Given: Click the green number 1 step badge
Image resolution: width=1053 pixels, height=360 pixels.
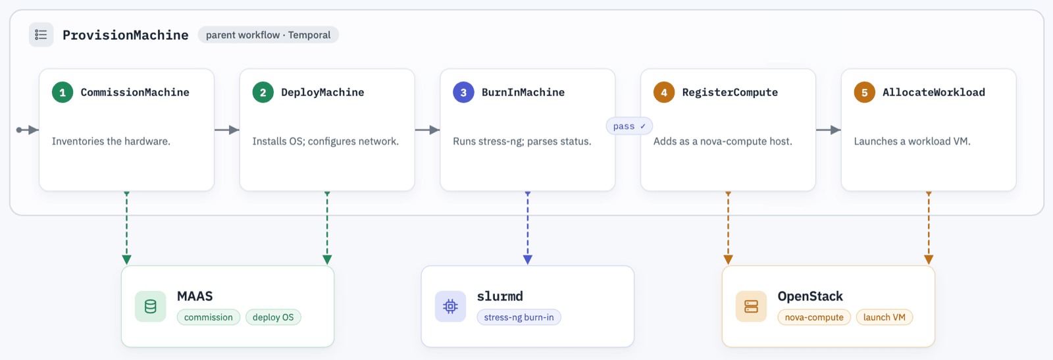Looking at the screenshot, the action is pyautogui.click(x=63, y=92).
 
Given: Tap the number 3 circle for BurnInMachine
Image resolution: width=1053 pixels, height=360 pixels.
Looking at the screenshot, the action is pyautogui.click(x=463, y=92).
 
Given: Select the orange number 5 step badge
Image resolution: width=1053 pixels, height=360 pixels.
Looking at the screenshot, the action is pyautogui.click(x=865, y=92).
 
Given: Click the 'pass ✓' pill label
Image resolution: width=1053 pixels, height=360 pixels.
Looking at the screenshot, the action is pyautogui.click(x=629, y=126).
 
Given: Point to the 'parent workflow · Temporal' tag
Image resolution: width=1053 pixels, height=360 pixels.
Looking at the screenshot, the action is pyautogui.click(x=268, y=35).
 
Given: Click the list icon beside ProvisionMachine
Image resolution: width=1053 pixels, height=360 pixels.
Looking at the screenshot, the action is pyautogui.click(x=41, y=35).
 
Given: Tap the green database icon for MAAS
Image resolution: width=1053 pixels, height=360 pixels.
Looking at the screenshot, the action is pyautogui.click(x=151, y=307).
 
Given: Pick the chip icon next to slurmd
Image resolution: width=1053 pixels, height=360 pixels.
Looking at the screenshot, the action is pyautogui.click(x=450, y=307).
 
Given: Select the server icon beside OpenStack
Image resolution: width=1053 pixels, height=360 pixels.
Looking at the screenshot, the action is pyautogui.click(x=751, y=307).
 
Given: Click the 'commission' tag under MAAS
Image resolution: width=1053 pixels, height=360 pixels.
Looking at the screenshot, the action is pyautogui.click(x=208, y=317).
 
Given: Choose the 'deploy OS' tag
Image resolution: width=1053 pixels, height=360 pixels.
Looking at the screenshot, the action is pyautogui.click(x=273, y=317).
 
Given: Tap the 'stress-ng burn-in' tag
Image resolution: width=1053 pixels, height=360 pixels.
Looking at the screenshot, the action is pyautogui.click(x=519, y=317).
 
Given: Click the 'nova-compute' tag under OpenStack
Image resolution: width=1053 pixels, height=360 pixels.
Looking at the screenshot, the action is pyautogui.click(x=814, y=317).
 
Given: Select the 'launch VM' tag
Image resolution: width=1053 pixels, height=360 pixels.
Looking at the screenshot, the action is pyautogui.click(x=885, y=317).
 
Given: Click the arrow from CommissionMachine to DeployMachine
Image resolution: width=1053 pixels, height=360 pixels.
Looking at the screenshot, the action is pyautogui.click(x=227, y=130).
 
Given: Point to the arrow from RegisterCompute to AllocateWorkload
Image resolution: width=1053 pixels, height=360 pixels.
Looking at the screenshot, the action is pyautogui.click(x=829, y=130).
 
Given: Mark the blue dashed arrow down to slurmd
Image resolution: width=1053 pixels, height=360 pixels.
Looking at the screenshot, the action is pyautogui.click(x=528, y=228).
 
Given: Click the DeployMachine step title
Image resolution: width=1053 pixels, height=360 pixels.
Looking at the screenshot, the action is pyautogui.click(x=322, y=92).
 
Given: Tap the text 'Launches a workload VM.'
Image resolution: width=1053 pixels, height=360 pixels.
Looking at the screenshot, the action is pyautogui.click(x=912, y=141).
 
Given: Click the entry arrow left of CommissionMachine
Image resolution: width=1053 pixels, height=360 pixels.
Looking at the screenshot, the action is pyautogui.click(x=27, y=130).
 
